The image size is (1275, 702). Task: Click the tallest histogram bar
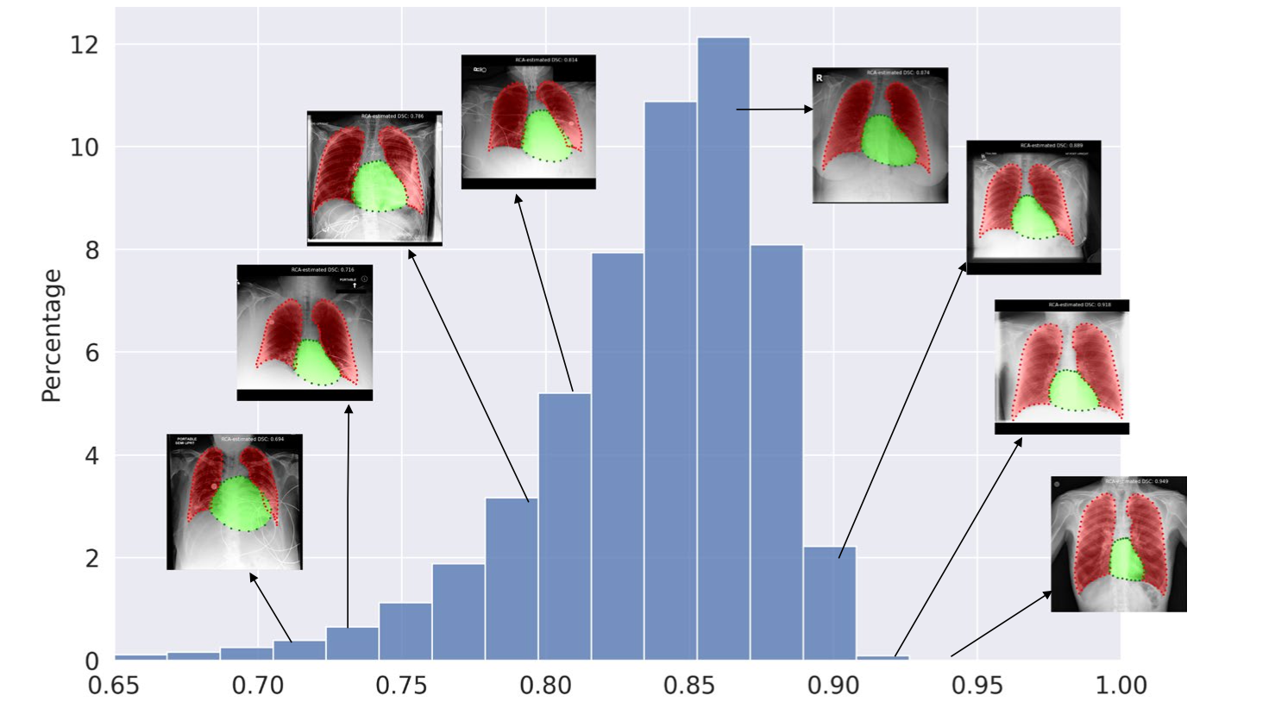pyautogui.click(x=723, y=345)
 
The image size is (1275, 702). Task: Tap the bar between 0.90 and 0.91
pyautogui.click(x=829, y=604)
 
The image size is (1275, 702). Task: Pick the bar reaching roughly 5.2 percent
pyautogui.click(x=565, y=526)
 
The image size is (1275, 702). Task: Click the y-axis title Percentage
pyautogui.click(x=51, y=335)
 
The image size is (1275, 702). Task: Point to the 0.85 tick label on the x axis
pyautogui.click(x=689, y=686)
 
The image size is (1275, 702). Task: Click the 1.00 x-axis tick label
pyautogui.click(x=1121, y=686)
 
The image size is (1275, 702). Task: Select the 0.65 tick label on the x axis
pyautogui.click(x=114, y=686)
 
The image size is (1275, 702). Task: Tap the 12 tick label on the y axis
pyautogui.click(x=85, y=45)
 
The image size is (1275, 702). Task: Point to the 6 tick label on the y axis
pyautogui.click(x=91, y=353)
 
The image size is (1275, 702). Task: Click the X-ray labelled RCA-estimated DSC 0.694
pyautogui.click(x=234, y=502)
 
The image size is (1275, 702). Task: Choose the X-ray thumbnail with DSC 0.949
pyautogui.click(x=1118, y=544)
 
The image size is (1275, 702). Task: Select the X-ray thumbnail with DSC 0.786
pyautogui.click(x=374, y=178)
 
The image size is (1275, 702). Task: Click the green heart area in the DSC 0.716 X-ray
pyautogui.click(x=317, y=362)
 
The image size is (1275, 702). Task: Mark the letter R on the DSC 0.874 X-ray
pyautogui.click(x=820, y=78)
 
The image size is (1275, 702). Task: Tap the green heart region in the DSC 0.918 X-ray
pyautogui.click(x=1073, y=391)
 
